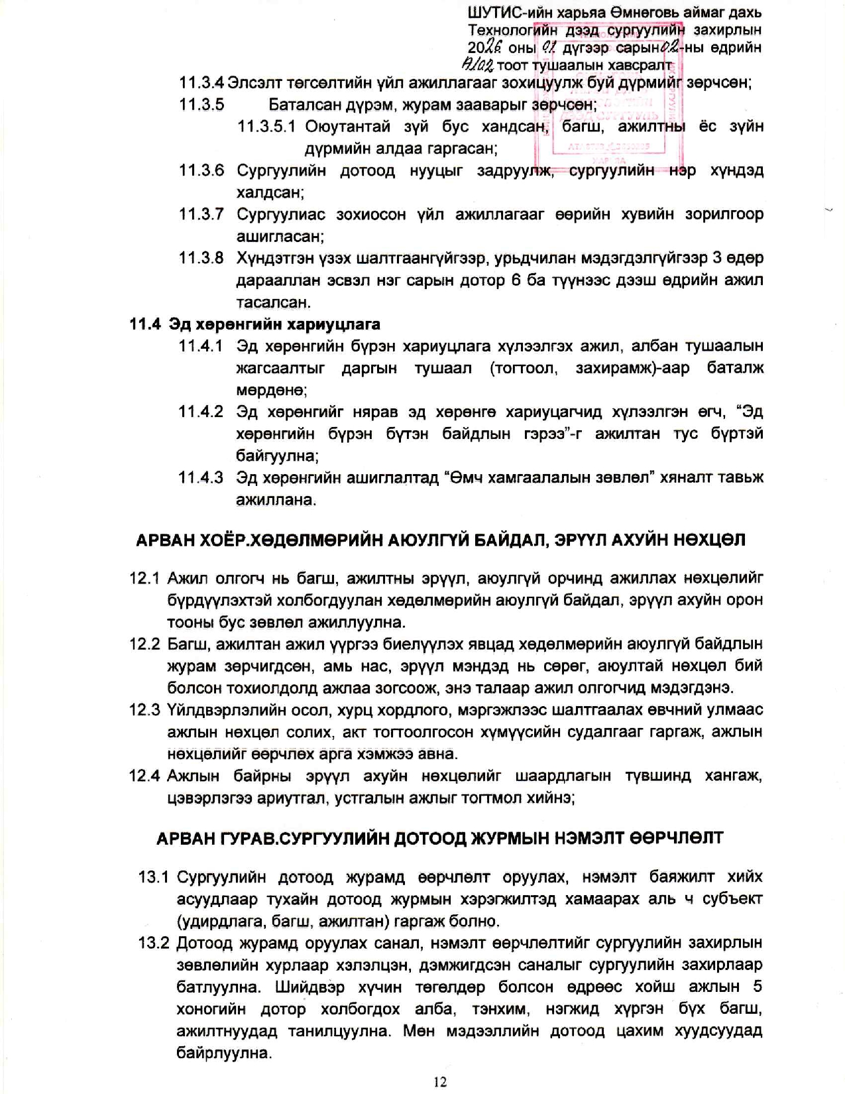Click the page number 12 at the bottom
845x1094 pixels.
439,1081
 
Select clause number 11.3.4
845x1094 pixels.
202,83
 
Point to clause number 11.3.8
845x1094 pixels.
202,258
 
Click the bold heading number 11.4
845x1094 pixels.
145,324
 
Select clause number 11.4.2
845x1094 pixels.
202,412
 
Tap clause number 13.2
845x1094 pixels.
154,943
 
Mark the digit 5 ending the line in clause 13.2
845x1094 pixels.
758,987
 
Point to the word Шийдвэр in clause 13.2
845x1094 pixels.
309,987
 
